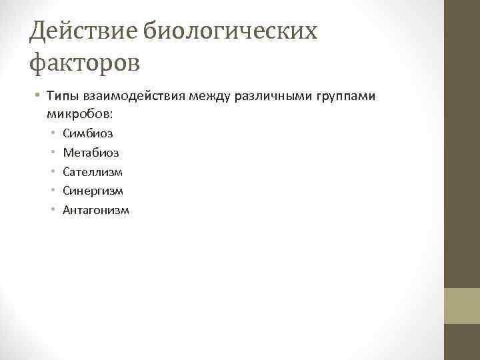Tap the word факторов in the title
pos(85,63)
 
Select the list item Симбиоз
pos(87,133)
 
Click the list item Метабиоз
pos(91,153)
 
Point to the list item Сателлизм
pos(93,172)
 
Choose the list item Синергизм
pos(93,191)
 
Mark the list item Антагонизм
pos(96,211)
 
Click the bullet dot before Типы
pos(37,97)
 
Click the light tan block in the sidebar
pos(461,305)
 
